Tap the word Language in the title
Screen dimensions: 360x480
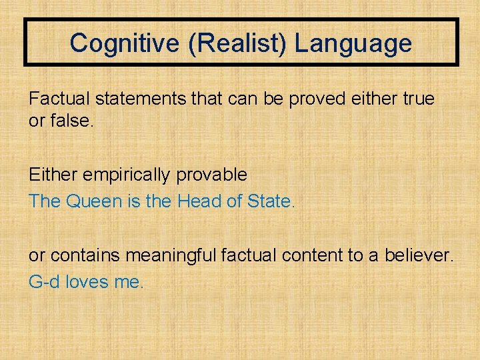tap(353, 44)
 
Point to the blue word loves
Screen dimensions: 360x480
tap(89, 281)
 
